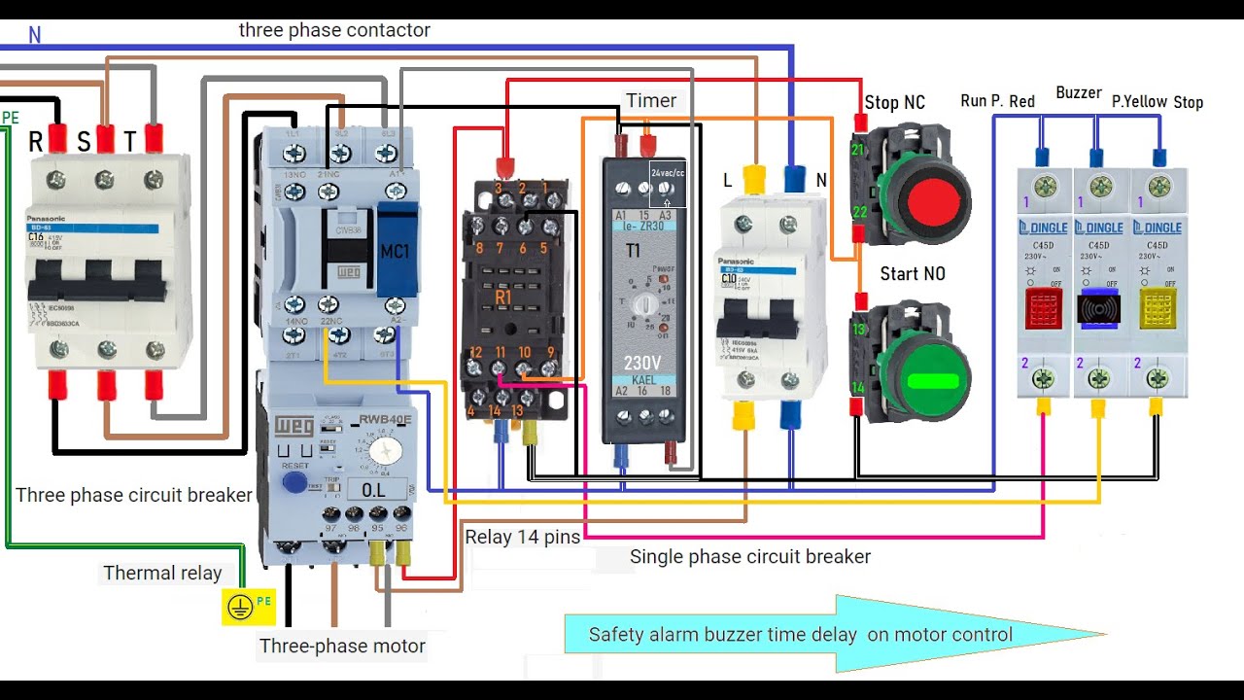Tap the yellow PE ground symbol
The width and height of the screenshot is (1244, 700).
tap(239, 608)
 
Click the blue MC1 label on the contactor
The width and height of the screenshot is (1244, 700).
tap(396, 252)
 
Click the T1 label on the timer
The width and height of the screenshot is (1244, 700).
tap(633, 251)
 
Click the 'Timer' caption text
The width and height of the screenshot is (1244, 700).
tap(651, 101)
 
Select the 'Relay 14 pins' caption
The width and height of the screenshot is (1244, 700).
tap(522, 537)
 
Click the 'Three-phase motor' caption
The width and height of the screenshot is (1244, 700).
tap(342, 646)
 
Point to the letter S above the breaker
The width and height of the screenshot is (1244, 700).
tap(84, 143)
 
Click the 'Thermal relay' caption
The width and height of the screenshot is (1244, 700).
tap(162, 573)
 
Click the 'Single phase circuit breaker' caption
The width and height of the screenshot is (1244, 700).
tap(749, 557)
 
